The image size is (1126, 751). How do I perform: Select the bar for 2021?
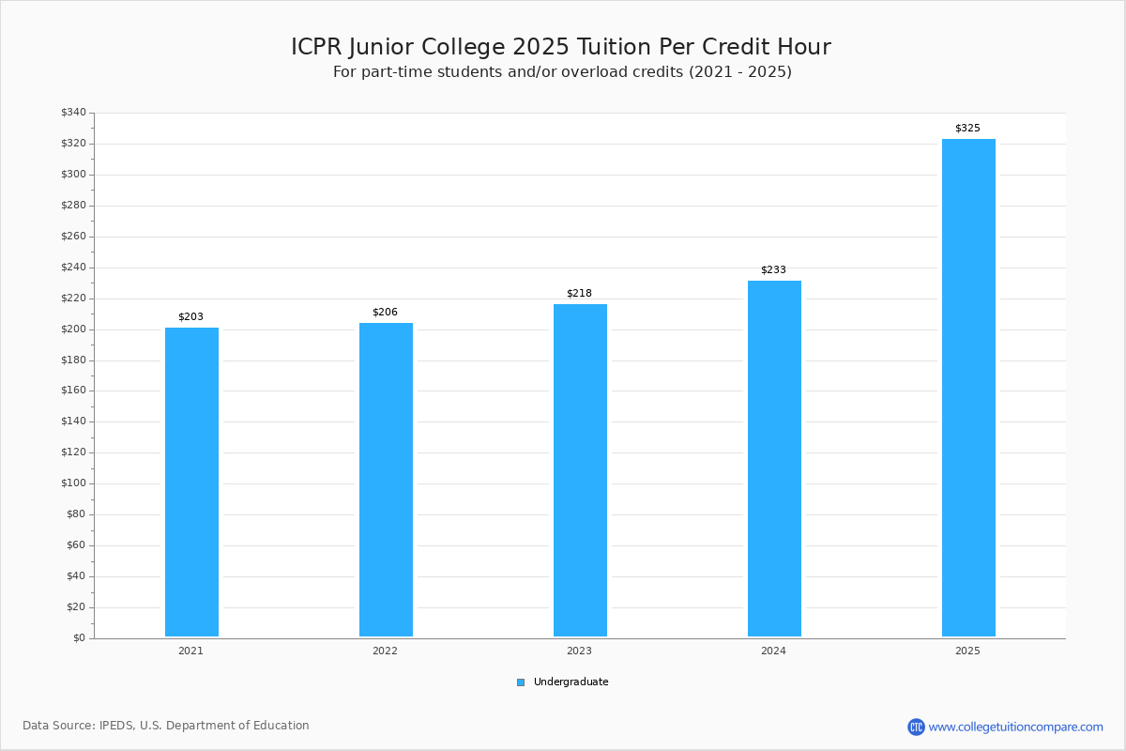click(191, 482)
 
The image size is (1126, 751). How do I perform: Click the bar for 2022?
click(386, 480)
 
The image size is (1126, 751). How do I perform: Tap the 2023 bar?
click(580, 470)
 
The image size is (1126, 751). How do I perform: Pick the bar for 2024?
click(775, 459)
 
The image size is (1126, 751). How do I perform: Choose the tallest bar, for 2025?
click(968, 388)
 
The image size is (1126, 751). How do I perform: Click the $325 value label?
click(967, 129)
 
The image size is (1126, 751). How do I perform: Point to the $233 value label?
click(773, 270)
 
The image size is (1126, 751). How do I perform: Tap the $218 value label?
click(579, 293)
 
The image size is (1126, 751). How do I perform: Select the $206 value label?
click(385, 312)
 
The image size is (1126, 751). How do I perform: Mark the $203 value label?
click(191, 317)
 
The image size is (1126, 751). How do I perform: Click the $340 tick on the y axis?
click(74, 112)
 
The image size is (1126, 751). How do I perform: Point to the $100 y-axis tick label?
click(74, 483)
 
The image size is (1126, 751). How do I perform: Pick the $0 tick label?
click(80, 638)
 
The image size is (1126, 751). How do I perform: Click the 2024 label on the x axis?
click(773, 651)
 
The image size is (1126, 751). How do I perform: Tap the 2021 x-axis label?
click(191, 651)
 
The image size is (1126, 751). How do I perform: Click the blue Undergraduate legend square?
click(521, 682)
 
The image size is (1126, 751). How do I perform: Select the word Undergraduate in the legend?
click(571, 682)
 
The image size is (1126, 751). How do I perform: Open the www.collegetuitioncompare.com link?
click(1016, 727)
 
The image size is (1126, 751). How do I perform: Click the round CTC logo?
click(917, 727)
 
